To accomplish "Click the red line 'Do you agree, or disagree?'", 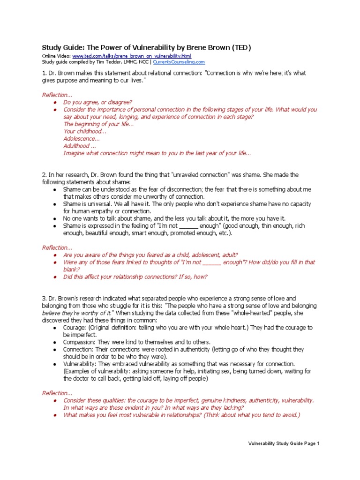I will [97, 102].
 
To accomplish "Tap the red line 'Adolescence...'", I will [82, 139].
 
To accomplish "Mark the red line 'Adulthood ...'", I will [80, 146].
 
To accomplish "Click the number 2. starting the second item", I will [45, 175].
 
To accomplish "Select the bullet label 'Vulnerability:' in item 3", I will [81, 364].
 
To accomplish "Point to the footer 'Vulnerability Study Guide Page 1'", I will [283, 443].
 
